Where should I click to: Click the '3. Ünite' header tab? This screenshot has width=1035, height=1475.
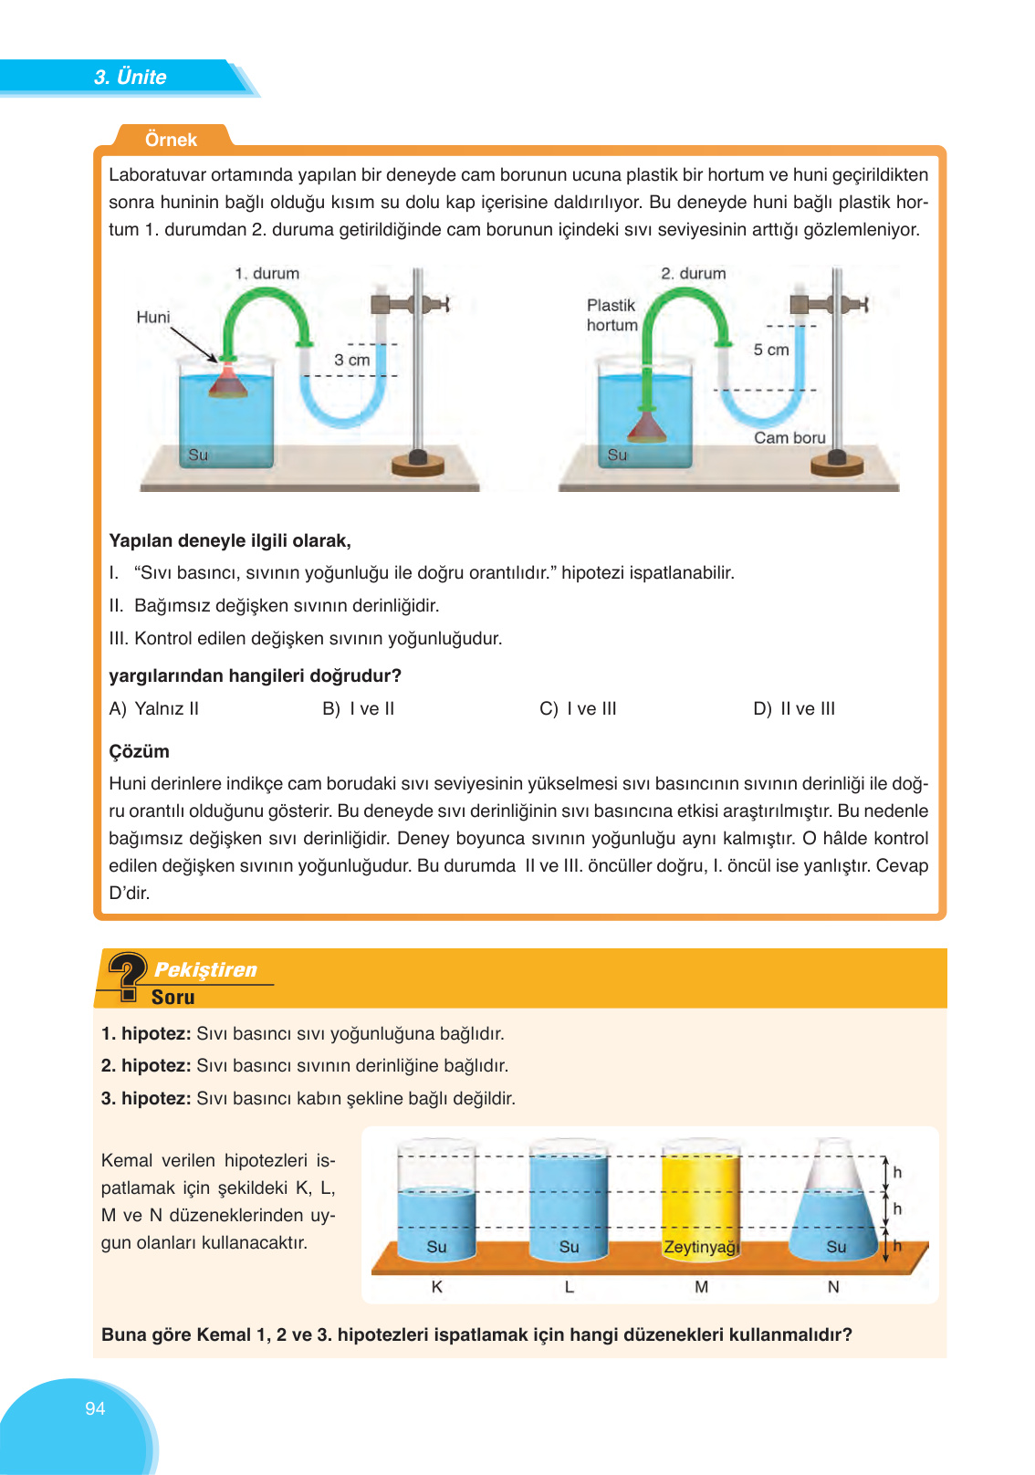(x=130, y=77)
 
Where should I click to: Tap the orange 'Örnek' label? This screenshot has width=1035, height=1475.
(x=171, y=140)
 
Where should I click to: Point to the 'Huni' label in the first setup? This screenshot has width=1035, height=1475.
(x=153, y=317)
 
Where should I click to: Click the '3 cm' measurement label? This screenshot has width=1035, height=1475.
(x=352, y=360)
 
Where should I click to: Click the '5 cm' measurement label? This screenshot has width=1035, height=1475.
(x=771, y=350)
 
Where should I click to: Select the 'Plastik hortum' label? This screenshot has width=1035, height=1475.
(x=612, y=315)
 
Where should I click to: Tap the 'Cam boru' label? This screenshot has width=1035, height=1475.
(x=789, y=437)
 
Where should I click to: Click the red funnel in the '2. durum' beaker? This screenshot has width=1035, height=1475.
(x=647, y=426)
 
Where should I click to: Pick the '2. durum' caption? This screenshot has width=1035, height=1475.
(x=694, y=273)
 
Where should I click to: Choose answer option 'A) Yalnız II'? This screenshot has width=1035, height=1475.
(x=154, y=708)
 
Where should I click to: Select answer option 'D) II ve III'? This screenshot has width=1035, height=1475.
(x=794, y=708)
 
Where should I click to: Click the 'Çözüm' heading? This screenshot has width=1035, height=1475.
(x=139, y=751)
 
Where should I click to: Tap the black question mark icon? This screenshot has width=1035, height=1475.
(x=126, y=976)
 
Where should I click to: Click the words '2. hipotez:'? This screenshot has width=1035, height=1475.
(x=146, y=1065)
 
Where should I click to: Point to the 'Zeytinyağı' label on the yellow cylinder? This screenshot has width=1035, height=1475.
(x=701, y=1247)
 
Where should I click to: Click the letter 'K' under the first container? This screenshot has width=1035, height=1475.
(x=436, y=1286)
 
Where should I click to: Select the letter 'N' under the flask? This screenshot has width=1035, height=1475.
(x=832, y=1286)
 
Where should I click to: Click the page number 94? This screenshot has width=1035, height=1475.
(x=95, y=1408)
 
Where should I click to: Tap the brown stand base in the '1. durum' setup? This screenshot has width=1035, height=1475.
(x=418, y=465)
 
